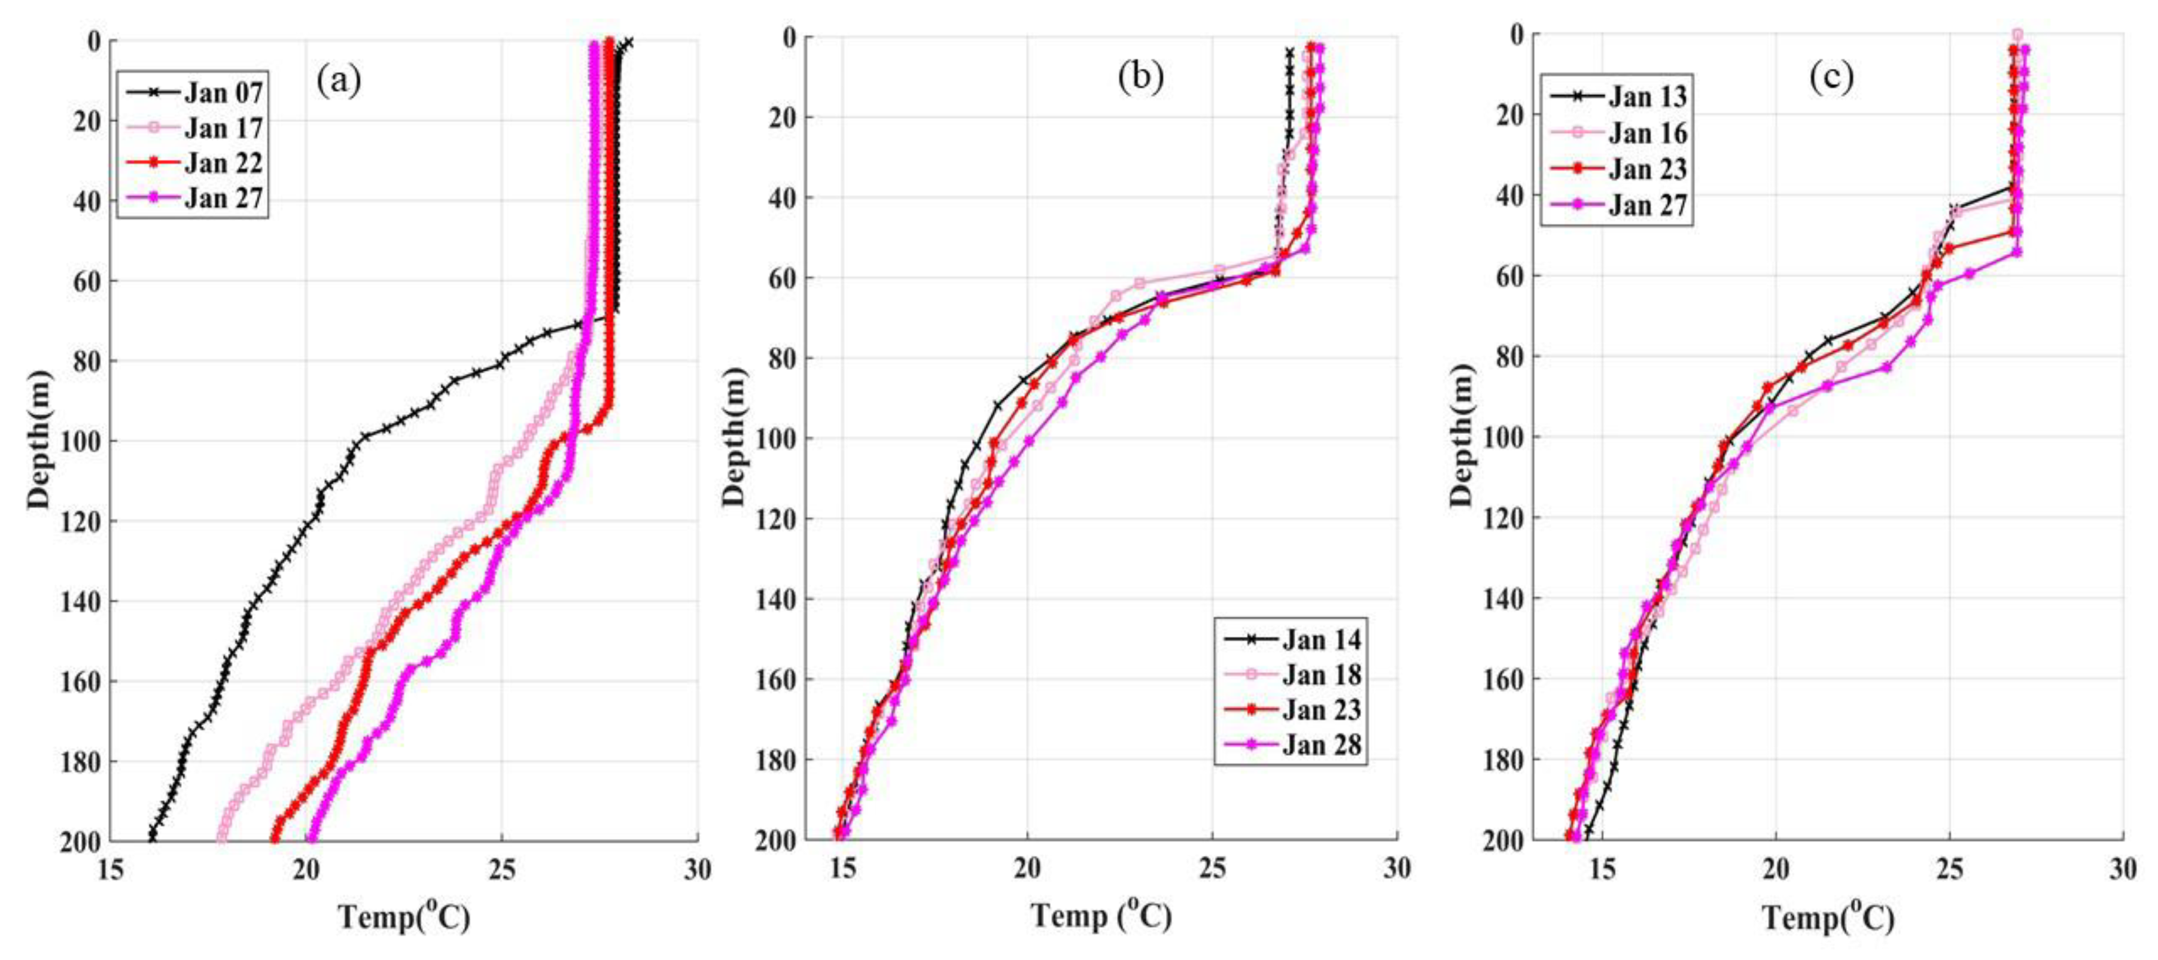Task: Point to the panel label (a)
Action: [x=339, y=80]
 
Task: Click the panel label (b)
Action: [x=1140, y=77]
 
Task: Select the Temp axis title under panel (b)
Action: [x=1101, y=916]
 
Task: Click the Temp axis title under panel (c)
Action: [x=1829, y=918]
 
